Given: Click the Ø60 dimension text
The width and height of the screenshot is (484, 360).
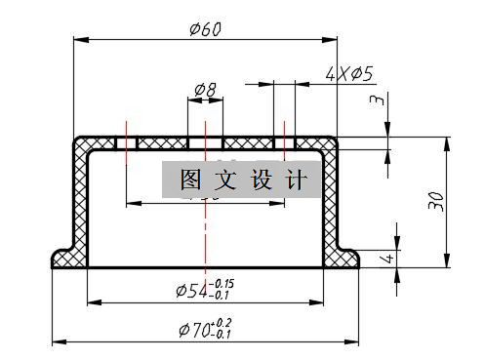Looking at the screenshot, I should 206,28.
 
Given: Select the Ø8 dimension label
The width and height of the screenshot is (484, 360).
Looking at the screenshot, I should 205,90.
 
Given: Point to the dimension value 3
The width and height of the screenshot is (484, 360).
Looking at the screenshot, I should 375,100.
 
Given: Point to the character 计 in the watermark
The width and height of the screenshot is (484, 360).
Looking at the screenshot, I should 297,180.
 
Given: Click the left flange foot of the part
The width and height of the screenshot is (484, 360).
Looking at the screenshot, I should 66,258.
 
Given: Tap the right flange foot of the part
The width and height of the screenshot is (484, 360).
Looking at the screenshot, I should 343,258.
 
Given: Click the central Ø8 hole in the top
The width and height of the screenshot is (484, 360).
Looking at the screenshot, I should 205,142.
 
